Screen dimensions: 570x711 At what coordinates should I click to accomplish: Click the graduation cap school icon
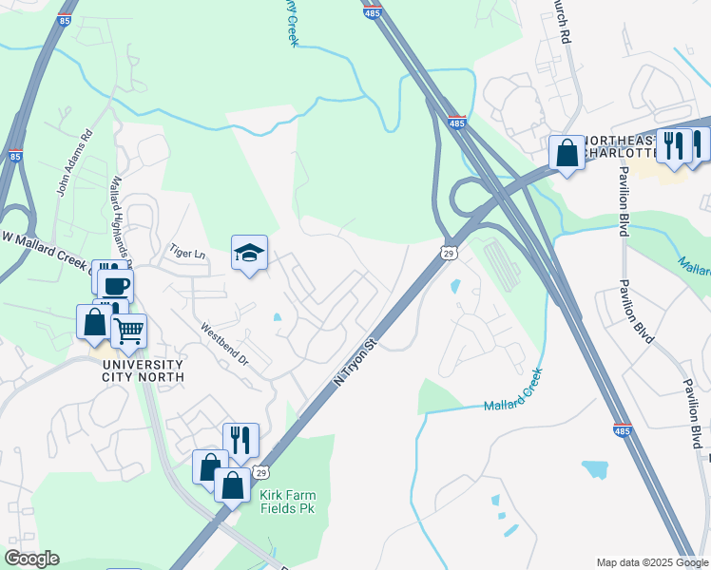[x=249, y=254]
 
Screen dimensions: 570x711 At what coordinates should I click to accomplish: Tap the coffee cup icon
[x=116, y=285]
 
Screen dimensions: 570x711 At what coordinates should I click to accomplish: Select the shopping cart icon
[x=128, y=332]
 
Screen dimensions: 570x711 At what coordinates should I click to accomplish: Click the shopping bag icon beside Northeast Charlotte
[x=567, y=153]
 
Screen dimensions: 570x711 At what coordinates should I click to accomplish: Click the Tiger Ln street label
[x=187, y=254]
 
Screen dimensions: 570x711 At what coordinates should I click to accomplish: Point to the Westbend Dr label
[x=224, y=348]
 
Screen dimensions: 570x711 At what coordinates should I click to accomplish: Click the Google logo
[x=31, y=559]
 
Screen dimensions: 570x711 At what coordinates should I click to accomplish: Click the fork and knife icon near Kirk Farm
[x=240, y=440]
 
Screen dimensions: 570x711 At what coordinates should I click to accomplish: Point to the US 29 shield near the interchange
[x=449, y=252]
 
